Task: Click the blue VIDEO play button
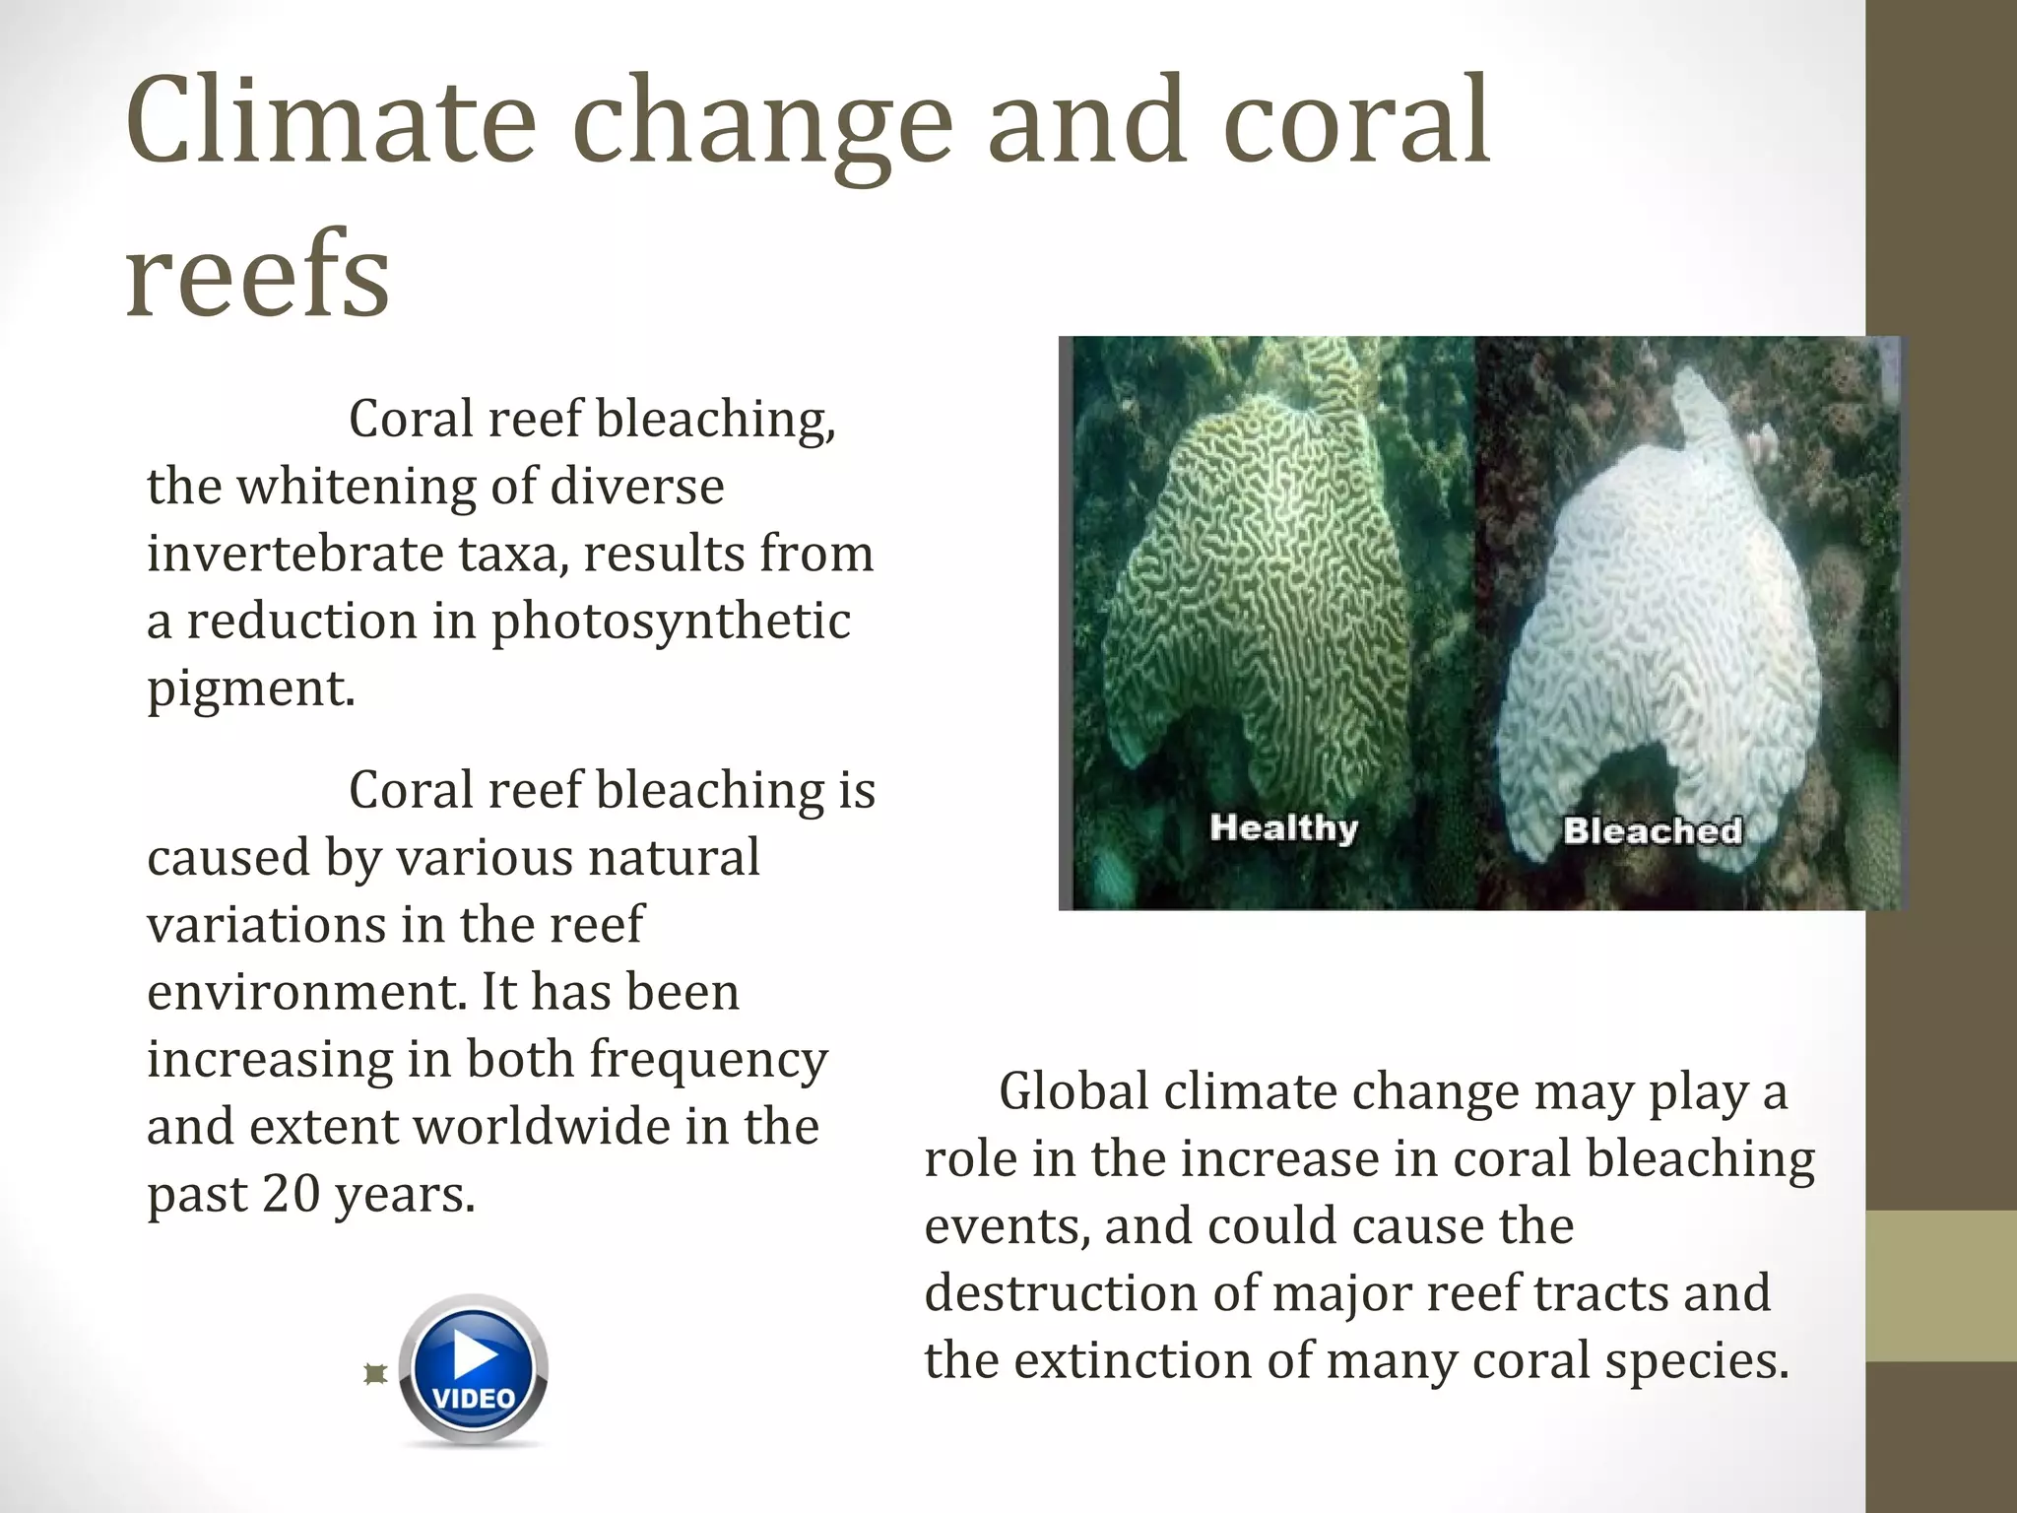coord(475,1370)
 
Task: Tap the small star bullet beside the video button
coord(374,1374)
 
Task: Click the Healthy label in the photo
coord(1283,827)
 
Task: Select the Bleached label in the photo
coord(1652,830)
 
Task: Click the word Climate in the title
coord(330,123)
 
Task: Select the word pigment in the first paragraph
coord(249,689)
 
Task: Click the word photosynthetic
coord(671,622)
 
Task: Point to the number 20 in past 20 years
coord(291,1194)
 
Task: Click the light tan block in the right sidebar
coord(1940,1285)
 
